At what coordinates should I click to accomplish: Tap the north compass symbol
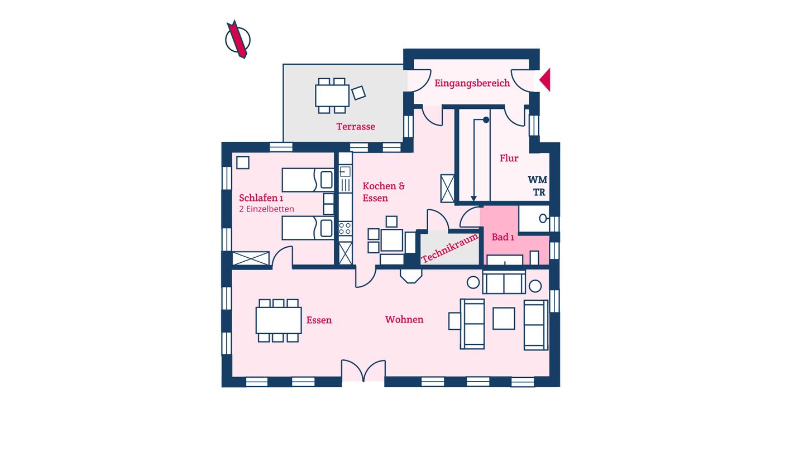(x=238, y=39)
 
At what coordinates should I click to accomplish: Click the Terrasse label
(x=356, y=126)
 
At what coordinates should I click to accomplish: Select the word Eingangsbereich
(x=472, y=83)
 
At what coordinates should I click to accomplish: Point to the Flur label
(x=509, y=158)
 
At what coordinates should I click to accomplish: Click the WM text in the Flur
(x=537, y=179)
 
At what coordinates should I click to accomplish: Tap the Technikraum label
(x=450, y=248)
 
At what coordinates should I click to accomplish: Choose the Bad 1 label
(x=503, y=237)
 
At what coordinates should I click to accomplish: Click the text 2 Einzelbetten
(x=266, y=209)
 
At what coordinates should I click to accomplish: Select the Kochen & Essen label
(x=384, y=192)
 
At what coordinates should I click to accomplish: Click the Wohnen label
(x=404, y=320)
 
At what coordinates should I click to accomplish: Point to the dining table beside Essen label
(x=279, y=320)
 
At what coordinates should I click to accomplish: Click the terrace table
(x=332, y=95)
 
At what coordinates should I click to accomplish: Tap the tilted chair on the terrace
(x=358, y=93)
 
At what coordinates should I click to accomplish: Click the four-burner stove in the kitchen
(x=345, y=229)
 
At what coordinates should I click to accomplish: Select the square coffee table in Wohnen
(x=504, y=318)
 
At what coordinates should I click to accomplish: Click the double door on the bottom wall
(x=363, y=371)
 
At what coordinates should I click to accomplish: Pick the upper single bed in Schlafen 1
(x=308, y=180)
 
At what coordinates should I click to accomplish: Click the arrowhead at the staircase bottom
(x=474, y=199)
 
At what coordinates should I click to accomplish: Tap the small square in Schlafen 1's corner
(x=243, y=162)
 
